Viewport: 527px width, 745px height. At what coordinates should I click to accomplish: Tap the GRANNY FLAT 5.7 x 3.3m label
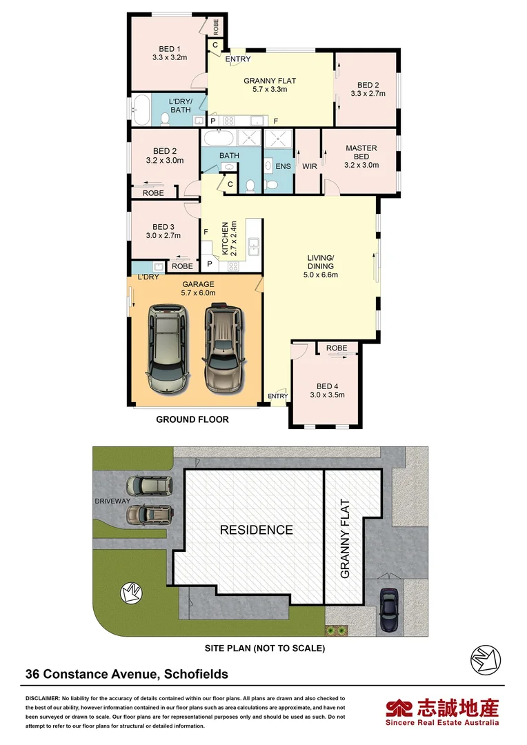265,85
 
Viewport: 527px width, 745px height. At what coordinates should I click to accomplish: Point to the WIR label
309,166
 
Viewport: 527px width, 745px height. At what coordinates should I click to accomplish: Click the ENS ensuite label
284,166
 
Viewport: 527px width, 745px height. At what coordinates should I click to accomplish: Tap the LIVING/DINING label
321,266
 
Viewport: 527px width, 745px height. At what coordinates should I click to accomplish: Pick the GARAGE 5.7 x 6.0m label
199,288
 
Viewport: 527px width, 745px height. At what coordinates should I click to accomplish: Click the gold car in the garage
222,348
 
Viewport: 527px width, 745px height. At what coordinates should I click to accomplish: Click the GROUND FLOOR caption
192,419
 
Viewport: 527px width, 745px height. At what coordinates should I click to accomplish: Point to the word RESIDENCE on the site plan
256,530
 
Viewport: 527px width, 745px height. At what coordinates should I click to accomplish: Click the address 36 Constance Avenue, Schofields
127,674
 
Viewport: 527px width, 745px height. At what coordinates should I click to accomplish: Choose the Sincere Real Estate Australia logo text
442,722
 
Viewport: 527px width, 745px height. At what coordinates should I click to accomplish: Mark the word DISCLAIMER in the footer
43,699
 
